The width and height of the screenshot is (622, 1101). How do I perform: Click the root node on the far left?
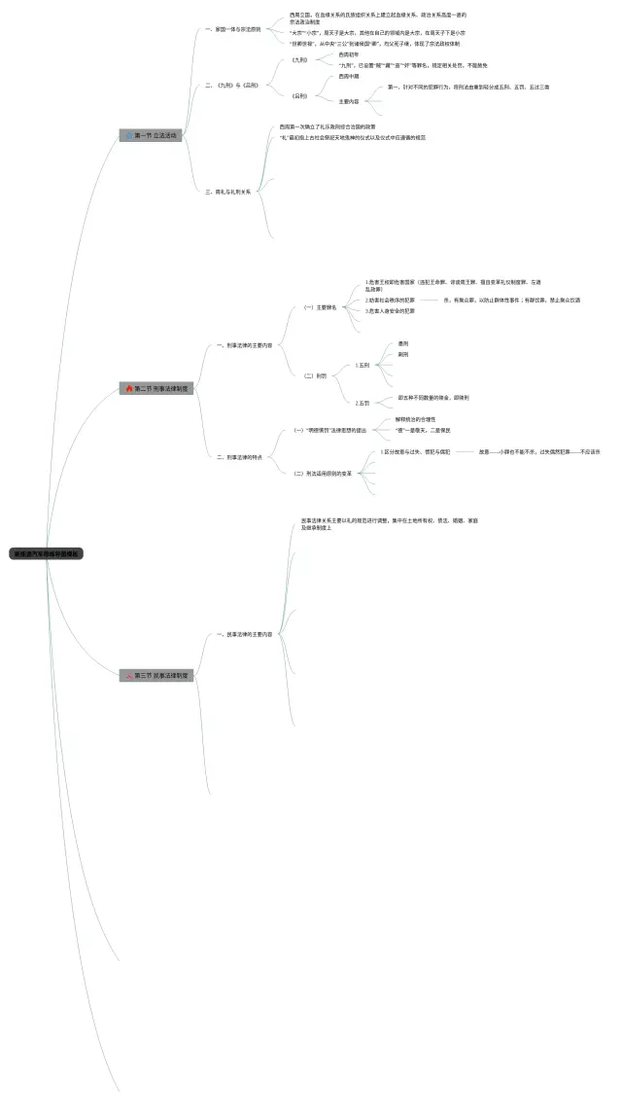(47, 553)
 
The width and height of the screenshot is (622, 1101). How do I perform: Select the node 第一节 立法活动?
(150, 135)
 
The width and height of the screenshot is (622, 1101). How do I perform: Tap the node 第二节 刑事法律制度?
(156, 388)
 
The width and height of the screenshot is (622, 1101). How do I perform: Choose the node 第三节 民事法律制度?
(156, 674)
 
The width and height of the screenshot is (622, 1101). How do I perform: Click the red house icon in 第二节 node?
(129, 388)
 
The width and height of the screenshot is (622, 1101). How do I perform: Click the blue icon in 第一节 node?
(128, 135)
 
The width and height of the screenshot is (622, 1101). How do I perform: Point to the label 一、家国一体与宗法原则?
(233, 29)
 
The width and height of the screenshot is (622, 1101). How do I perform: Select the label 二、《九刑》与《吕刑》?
(232, 86)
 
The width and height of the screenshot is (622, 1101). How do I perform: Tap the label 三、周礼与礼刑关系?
(230, 192)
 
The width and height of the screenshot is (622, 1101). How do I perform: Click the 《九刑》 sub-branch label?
(299, 60)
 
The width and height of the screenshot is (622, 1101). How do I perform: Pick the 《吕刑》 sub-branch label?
(299, 96)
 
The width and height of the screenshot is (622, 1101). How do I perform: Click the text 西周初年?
(348, 54)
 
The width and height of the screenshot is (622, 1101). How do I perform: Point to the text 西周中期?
(348, 76)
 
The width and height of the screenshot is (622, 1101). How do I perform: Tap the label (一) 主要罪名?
(320, 307)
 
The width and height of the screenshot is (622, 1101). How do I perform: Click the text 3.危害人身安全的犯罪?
(390, 311)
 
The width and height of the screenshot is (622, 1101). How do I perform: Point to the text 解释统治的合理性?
(415, 419)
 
